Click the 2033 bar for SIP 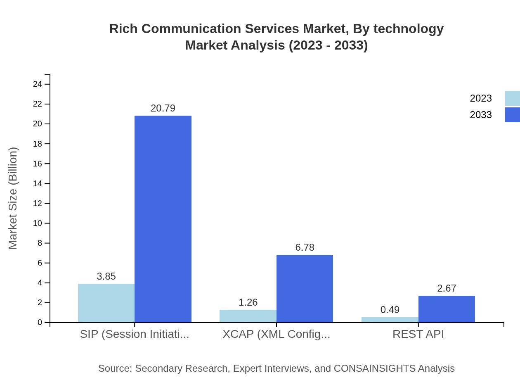(x=163, y=219)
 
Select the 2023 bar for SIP (x=106, y=303)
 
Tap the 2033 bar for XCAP (x=305, y=288)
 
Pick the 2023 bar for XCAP (x=248, y=316)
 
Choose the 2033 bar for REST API (x=447, y=309)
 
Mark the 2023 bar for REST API (x=390, y=320)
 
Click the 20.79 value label (x=163, y=108)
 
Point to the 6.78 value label (x=305, y=247)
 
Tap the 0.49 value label (x=390, y=310)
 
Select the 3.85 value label (x=106, y=276)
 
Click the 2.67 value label (x=447, y=288)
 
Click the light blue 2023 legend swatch (x=512, y=98)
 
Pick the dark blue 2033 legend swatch (x=512, y=115)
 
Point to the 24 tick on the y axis (x=38, y=84)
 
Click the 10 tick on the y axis (x=38, y=223)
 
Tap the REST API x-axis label (x=418, y=334)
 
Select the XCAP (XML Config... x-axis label (x=276, y=334)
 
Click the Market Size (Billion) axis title (x=13, y=198)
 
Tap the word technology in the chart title (x=408, y=29)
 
